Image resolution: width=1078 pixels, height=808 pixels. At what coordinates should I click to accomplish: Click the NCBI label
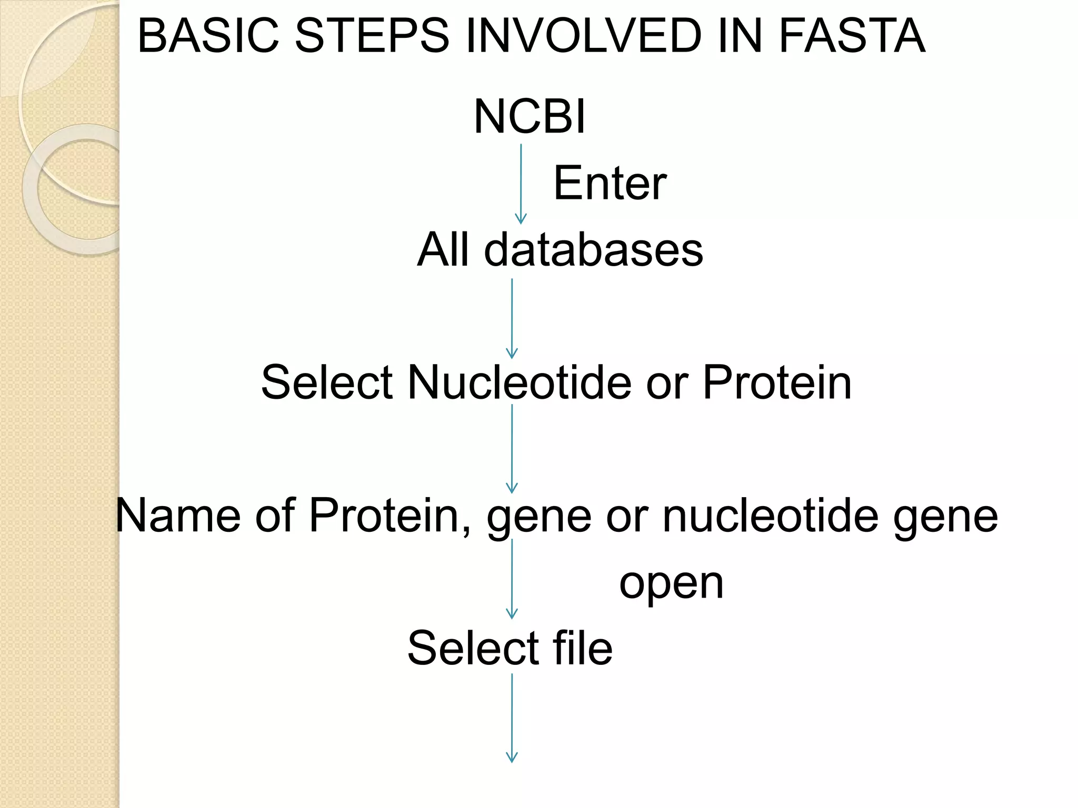[529, 116]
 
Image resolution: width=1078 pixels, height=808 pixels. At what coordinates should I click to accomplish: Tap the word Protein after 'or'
[777, 382]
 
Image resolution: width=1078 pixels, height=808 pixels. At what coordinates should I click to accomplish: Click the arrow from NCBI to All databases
[521, 184]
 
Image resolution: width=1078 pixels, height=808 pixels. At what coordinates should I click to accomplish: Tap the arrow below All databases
[512, 318]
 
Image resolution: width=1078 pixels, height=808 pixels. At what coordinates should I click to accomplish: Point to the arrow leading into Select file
[512, 579]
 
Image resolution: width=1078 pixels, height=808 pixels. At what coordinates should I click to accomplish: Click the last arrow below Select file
[512, 718]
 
